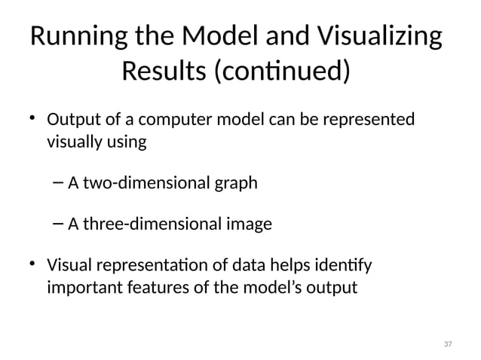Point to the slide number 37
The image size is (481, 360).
(x=448, y=344)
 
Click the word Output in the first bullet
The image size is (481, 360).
(x=72, y=121)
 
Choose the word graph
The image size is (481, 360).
(x=233, y=182)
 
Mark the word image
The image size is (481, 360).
(x=251, y=224)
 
